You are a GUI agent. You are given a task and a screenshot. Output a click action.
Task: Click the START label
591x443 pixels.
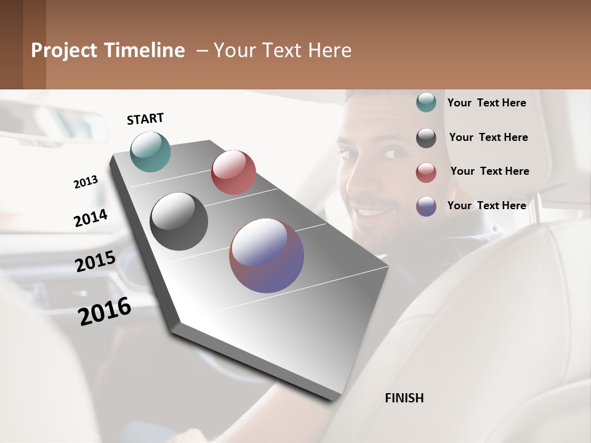coord(145,119)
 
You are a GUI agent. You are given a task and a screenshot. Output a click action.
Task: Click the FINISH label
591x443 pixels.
coord(404,398)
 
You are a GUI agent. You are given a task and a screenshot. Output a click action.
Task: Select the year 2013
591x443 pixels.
coord(86,182)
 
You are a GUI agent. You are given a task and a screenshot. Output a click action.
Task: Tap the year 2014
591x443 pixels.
coord(91,218)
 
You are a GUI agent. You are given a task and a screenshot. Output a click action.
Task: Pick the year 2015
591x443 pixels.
coord(95,261)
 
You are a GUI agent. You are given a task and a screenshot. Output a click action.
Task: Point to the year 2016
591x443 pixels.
coord(105,311)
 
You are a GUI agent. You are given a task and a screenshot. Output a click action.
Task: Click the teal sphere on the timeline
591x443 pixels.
coord(151,151)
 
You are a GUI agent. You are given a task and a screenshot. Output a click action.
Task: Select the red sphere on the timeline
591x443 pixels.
coord(233,172)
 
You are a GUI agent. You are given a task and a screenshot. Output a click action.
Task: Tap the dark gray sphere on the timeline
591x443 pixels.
coord(179,221)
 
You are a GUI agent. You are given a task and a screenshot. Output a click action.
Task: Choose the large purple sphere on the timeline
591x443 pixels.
coord(267,255)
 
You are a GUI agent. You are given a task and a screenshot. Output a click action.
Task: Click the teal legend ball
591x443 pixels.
coord(426,102)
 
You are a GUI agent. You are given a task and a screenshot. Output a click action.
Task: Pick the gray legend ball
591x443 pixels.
coord(426,138)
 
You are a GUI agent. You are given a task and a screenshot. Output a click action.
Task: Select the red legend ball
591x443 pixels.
coord(426,172)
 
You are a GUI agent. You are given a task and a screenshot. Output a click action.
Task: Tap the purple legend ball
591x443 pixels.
coord(426,206)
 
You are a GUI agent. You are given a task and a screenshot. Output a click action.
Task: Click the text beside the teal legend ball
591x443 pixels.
coord(486,103)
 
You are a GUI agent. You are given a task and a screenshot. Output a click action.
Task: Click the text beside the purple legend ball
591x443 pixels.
coord(486,206)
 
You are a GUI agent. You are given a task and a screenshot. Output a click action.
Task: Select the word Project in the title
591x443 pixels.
coord(65,50)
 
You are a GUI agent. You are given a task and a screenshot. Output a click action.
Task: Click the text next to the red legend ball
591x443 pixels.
coord(489,171)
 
